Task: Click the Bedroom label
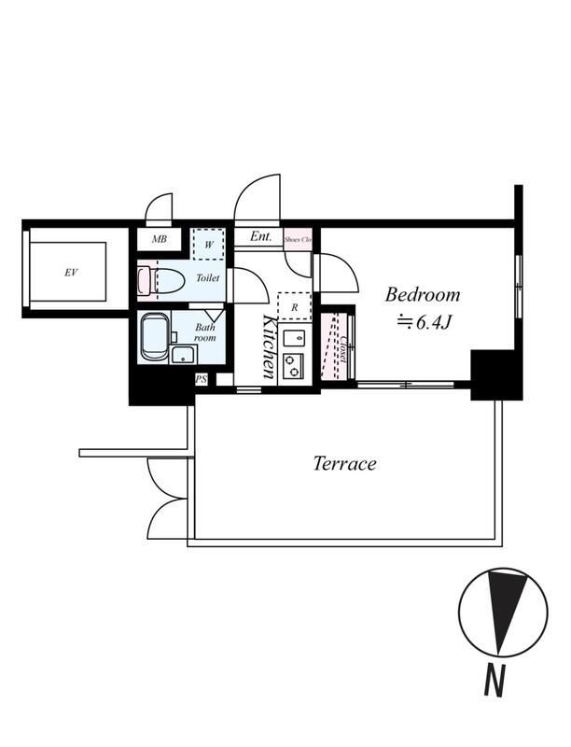tap(423, 295)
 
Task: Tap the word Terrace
tap(345, 463)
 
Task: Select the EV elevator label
tap(71, 273)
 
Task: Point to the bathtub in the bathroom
tap(156, 337)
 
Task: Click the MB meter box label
tap(160, 239)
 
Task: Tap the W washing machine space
tap(208, 245)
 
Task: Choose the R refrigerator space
tap(294, 306)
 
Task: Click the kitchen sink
tap(294, 338)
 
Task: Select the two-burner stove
tap(294, 366)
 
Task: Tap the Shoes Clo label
tap(298, 239)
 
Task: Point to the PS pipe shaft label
tap(202, 380)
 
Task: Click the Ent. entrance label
tap(260, 236)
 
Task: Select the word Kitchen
tap(270, 346)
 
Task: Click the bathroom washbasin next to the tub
tap(184, 355)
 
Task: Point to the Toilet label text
tap(208, 277)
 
